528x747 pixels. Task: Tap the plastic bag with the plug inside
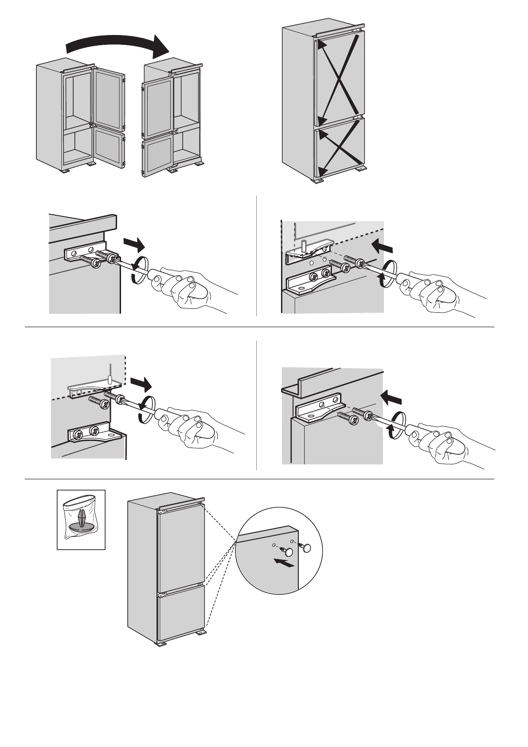tap(81, 519)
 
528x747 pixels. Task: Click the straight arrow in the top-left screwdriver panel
tap(134, 244)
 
